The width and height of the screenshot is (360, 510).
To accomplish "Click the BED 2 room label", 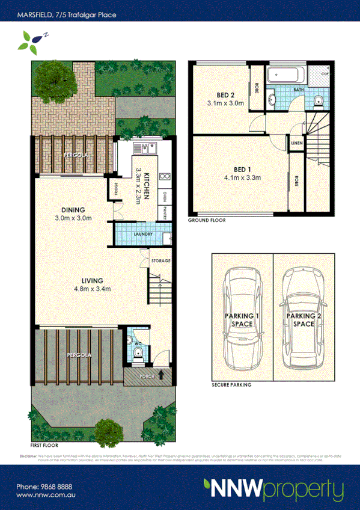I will [225, 94].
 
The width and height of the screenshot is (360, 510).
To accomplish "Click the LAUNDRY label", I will [139, 234].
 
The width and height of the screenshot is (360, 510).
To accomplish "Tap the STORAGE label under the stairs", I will [160, 261].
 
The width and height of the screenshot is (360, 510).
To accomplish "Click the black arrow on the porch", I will [161, 376].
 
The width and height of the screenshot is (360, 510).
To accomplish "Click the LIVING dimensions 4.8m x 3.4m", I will [90, 289].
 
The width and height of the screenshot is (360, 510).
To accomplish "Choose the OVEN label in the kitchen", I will [164, 197].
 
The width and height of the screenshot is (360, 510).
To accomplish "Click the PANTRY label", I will [164, 212].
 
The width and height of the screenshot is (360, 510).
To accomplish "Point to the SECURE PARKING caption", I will [231, 384].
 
